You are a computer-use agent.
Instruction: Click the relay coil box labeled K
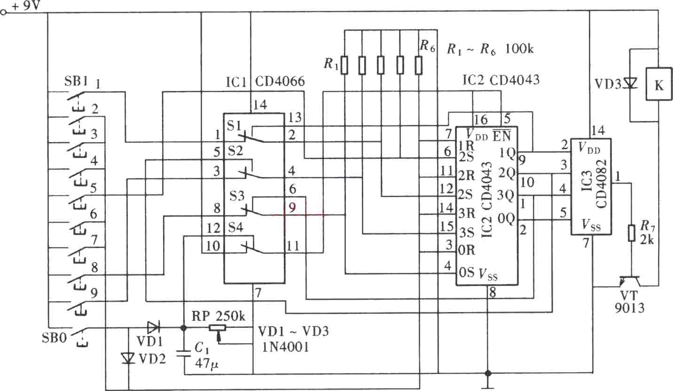tap(659, 84)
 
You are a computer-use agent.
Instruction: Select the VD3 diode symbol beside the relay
tap(630, 83)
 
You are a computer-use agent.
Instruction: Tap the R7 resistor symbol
tap(632, 233)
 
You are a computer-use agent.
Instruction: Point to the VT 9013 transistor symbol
tap(630, 281)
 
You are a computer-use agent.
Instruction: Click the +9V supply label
tap(26, 6)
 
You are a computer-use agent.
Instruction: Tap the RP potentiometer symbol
tap(218, 329)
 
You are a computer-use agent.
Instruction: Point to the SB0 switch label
tap(54, 337)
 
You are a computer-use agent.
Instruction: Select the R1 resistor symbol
tap(344, 65)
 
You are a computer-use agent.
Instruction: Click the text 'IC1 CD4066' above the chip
tap(265, 81)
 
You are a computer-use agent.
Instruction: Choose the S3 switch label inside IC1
tap(237, 196)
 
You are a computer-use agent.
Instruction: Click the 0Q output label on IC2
tap(506, 219)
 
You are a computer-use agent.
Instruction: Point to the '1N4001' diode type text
tap(285, 347)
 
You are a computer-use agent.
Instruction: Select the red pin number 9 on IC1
tap(292, 207)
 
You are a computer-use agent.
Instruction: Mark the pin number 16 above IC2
tap(480, 120)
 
